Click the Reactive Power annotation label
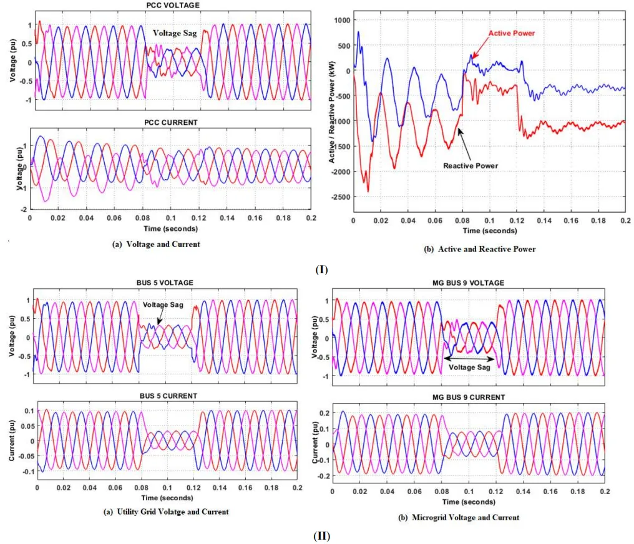tap(471, 165)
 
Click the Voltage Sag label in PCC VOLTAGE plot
tap(175, 34)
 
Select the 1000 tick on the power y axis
tap(341, 20)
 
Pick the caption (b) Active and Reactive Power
tap(480, 249)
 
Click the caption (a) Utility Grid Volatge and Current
tap(165, 512)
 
